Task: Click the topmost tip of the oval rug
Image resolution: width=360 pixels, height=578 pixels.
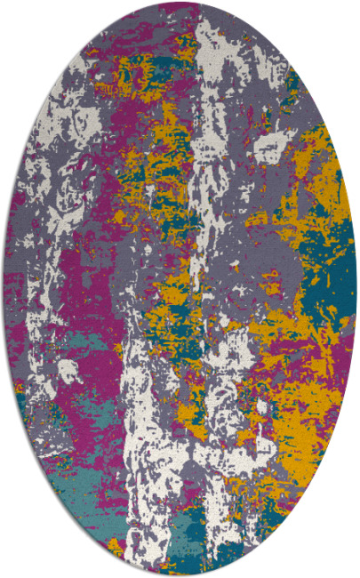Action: pos(180,3)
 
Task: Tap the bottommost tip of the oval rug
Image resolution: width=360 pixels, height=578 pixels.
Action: pos(180,575)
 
